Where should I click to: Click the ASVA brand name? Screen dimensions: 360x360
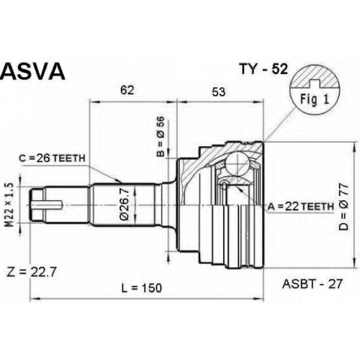point(33,72)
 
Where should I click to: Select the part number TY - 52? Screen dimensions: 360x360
point(264,69)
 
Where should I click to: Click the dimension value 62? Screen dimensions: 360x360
point(127,90)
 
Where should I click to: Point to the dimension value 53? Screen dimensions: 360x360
point(219,92)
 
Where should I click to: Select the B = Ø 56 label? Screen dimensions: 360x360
point(161,136)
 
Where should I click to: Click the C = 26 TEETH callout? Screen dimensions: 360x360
point(52,158)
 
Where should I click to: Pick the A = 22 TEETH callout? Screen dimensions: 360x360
point(301,207)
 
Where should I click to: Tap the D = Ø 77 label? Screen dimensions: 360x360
point(343,207)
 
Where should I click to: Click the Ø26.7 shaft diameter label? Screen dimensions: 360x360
point(125,204)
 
